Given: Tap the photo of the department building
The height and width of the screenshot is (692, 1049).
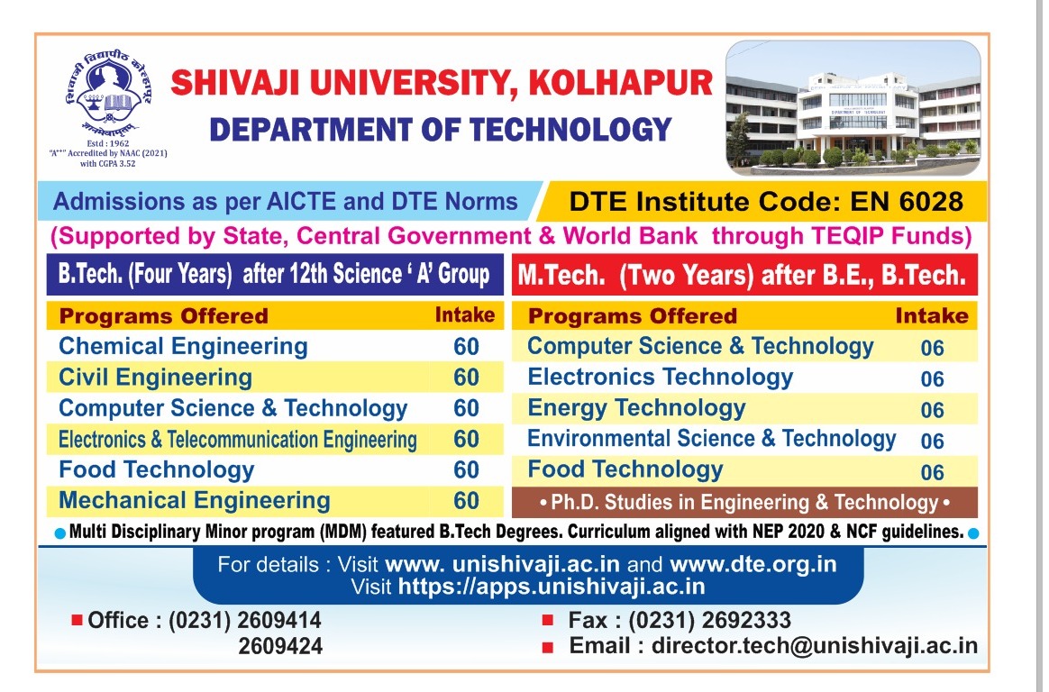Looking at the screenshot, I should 853,107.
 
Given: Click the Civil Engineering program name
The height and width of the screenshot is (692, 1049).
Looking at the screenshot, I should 155,378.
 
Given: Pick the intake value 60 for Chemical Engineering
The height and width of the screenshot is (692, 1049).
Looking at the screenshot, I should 466,347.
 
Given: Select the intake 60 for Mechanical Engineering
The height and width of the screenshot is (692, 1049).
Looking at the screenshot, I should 466,501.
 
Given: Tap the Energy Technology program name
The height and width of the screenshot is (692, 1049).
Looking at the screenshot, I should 636,408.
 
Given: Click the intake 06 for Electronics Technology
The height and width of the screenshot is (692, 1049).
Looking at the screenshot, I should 932,379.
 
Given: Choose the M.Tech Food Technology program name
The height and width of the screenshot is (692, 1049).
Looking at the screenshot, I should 625,469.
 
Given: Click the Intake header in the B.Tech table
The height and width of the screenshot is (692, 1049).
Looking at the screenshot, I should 465,315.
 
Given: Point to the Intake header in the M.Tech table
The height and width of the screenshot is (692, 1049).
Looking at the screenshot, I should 932,316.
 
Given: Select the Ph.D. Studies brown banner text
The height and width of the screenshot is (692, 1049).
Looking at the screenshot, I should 744,503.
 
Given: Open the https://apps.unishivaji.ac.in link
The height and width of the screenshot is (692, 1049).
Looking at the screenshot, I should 552,587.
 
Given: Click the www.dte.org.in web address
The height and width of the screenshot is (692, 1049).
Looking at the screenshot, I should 753,565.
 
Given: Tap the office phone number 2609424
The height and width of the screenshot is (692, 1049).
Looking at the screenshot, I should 280,646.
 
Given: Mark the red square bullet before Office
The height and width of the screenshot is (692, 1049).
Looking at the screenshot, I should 77,620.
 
